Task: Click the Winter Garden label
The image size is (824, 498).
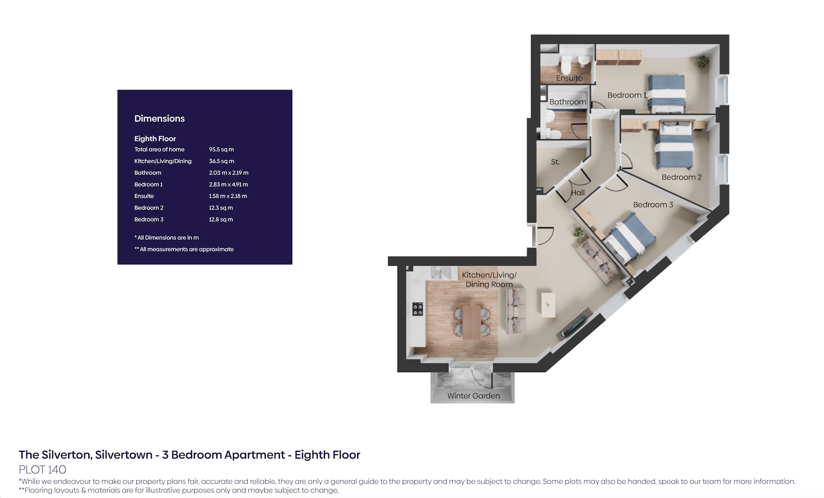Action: pyautogui.click(x=474, y=396)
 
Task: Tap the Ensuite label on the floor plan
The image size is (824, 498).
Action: pyautogui.click(x=569, y=78)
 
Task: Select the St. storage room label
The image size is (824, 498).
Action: pyautogui.click(x=555, y=161)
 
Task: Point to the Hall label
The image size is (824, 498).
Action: pyautogui.click(x=577, y=192)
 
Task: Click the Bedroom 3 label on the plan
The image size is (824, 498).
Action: pyautogui.click(x=653, y=205)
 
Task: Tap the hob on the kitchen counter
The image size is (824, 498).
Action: pyautogui.click(x=417, y=309)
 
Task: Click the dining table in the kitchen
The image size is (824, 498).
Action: pyautogui.click(x=471, y=322)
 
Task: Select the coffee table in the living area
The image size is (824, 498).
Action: pyautogui.click(x=548, y=304)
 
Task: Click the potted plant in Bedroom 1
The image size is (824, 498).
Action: pyautogui.click(x=703, y=61)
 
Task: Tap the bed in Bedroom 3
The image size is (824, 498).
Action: pyautogui.click(x=629, y=239)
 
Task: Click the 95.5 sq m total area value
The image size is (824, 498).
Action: pyautogui.click(x=221, y=149)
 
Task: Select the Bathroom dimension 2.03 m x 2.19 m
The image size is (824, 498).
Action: pyautogui.click(x=229, y=172)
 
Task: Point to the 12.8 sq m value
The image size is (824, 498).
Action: pyautogui.click(x=221, y=219)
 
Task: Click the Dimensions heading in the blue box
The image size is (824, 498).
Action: pyautogui.click(x=159, y=118)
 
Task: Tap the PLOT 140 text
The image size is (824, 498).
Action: pyautogui.click(x=42, y=470)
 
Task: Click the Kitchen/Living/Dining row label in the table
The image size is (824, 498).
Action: pyautogui.click(x=163, y=161)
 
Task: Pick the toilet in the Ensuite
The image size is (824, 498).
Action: pyautogui.click(x=565, y=65)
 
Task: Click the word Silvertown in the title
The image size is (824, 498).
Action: pyautogui.click(x=123, y=455)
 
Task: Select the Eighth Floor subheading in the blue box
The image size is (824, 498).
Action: pyautogui.click(x=155, y=138)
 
